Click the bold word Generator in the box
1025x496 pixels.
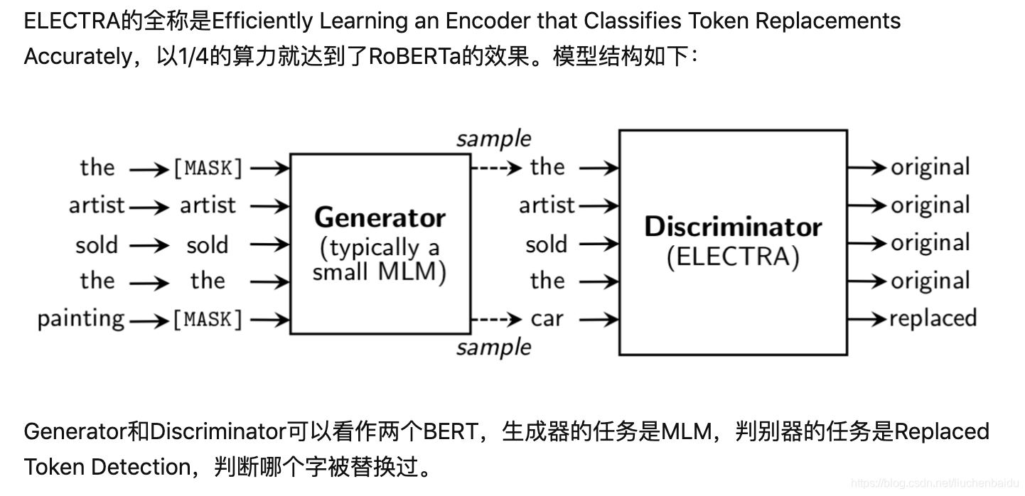380,217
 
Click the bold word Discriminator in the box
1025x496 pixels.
733,227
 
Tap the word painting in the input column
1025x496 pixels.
81,319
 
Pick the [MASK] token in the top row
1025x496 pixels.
208,168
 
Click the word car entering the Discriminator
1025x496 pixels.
547,319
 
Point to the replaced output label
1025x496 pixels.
933,318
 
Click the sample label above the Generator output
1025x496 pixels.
493,139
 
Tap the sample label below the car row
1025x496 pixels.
493,347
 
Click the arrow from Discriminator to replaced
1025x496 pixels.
866,319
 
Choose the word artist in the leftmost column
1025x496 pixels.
96,205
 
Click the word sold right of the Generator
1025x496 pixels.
546,244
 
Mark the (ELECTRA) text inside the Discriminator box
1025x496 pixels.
733,256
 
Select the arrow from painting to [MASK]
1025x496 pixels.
149,320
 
